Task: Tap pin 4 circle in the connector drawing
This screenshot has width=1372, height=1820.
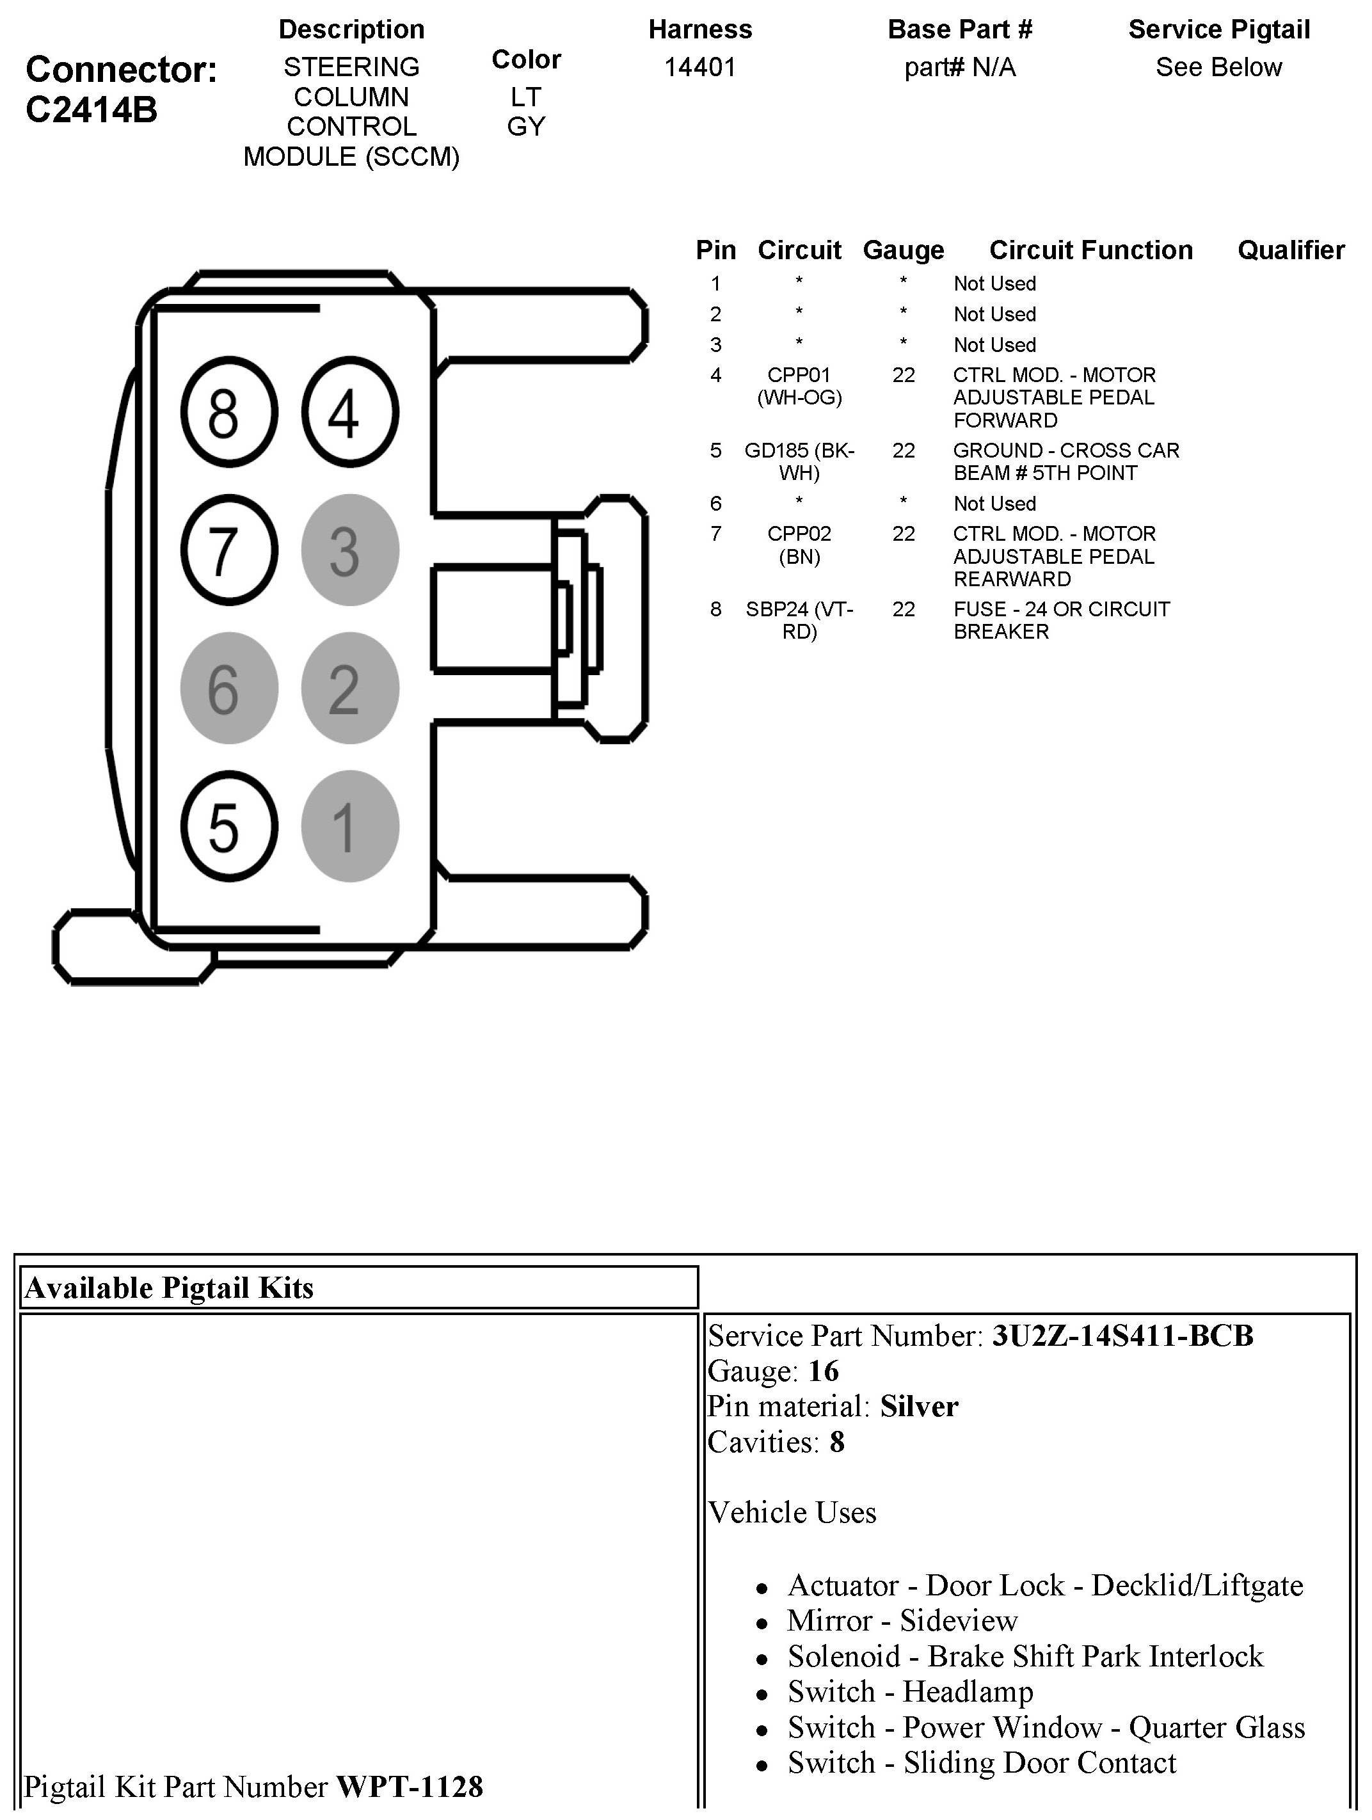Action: [x=349, y=411]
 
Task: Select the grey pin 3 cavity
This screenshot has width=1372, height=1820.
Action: [x=349, y=550]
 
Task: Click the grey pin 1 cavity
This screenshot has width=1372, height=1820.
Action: [x=349, y=826]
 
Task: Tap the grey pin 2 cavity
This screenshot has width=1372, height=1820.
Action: [x=349, y=688]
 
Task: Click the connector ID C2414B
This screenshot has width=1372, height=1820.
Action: [x=92, y=110]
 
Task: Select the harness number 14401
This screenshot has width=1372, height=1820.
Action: [x=700, y=67]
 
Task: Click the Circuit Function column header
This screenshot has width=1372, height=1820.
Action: [x=1090, y=250]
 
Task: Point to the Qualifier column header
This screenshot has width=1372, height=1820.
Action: [x=1291, y=250]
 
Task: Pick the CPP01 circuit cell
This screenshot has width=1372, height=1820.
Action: [x=799, y=386]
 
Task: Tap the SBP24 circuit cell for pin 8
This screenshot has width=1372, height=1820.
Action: [x=799, y=620]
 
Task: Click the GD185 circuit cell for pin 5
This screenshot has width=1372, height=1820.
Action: [x=799, y=461]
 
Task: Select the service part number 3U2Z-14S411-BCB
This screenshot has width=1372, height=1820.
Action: [x=1122, y=1336]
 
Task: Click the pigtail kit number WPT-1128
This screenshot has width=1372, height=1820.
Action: [x=410, y=1786]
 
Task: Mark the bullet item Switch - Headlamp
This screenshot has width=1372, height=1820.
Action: [x=910, y=1691]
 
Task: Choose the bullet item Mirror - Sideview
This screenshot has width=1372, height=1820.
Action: [x=902, y=1620]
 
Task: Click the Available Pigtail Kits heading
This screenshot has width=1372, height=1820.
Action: [x=170, y=1288]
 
